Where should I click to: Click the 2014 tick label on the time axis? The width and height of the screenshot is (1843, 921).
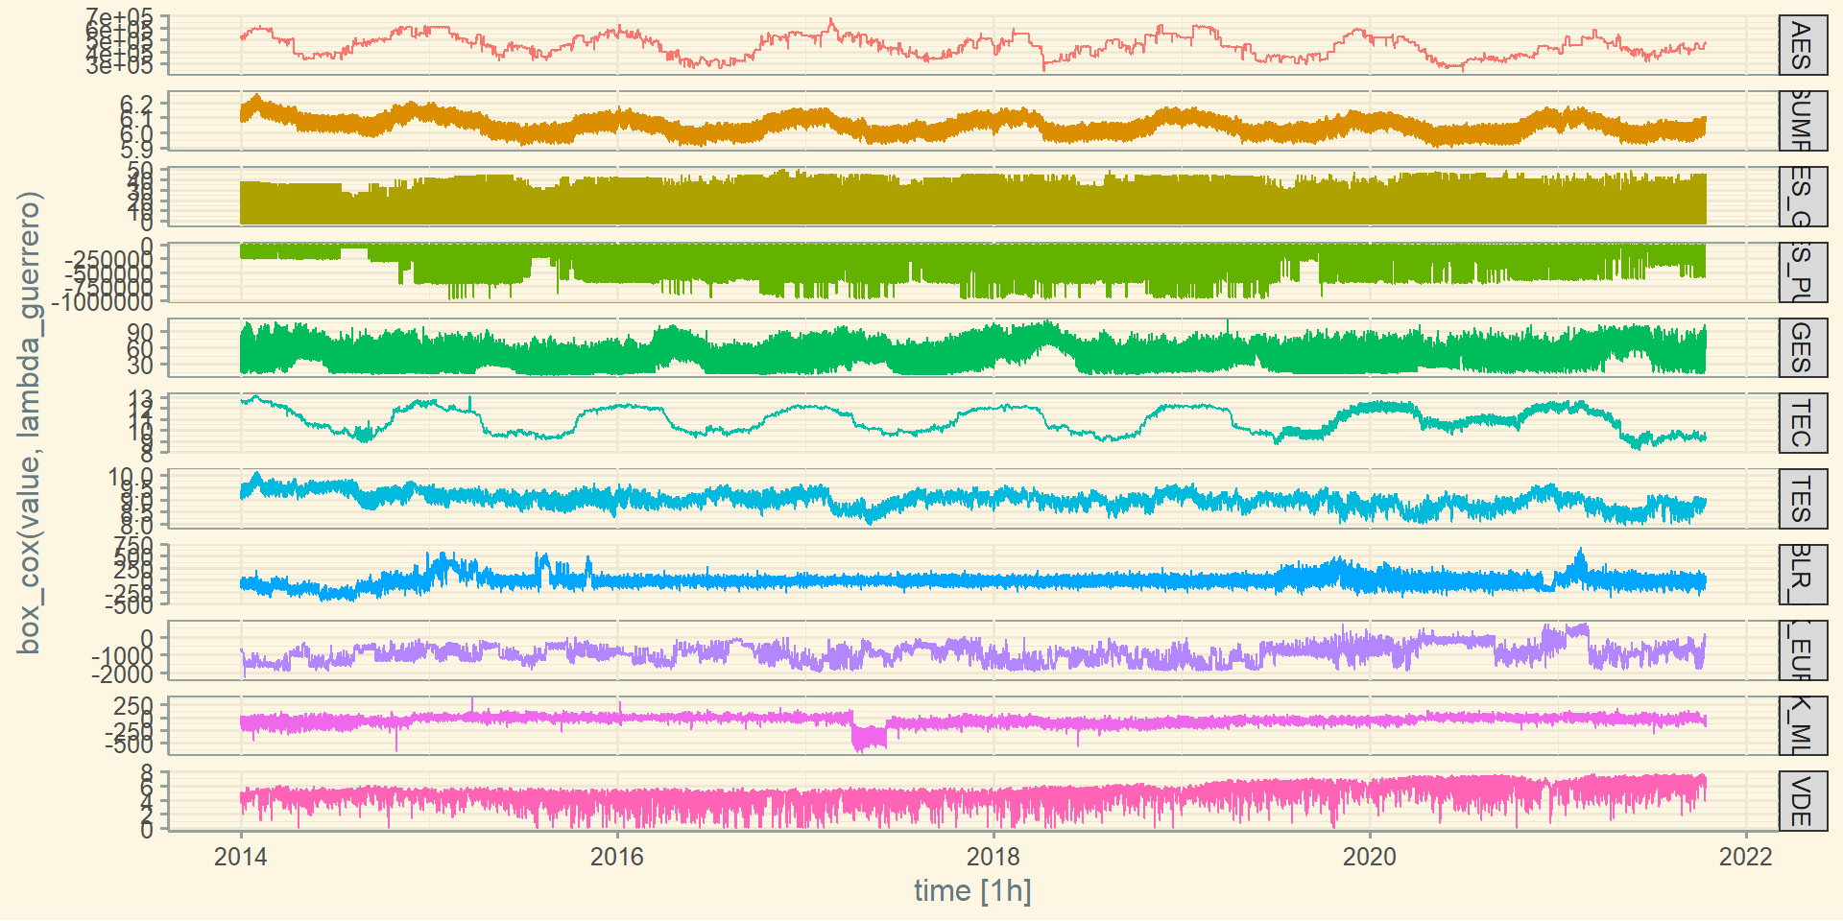coord(240,857)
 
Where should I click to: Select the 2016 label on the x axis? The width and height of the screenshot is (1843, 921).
coord(616,857)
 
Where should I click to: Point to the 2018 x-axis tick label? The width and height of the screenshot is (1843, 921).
coord(993,857)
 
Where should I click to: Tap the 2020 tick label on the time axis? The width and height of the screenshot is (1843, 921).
coord(1369,857)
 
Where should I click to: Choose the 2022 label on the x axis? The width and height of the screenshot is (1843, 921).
coord(1745,857)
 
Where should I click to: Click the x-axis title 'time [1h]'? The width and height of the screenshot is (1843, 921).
coord(972,891)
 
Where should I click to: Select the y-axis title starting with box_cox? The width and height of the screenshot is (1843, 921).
coord(29,422)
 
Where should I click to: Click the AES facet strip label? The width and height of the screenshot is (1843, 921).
coord(1802,46)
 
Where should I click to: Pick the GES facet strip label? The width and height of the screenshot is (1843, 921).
coord(1802,347)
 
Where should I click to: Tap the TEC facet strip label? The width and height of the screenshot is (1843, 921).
coord(1802,423)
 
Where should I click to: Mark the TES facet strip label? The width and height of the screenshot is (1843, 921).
coord(1802,499)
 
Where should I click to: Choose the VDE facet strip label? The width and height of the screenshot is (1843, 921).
coord(1802,801)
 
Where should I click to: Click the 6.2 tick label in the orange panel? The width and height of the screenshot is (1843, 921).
coord(136,104)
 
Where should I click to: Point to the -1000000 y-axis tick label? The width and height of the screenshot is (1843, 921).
coord(103,302)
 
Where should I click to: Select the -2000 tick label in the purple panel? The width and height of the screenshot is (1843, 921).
coord(122,674)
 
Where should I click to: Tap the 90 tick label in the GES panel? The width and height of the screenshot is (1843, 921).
coord(140,332)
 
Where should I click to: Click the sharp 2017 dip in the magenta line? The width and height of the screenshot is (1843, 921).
coord(868,740)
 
